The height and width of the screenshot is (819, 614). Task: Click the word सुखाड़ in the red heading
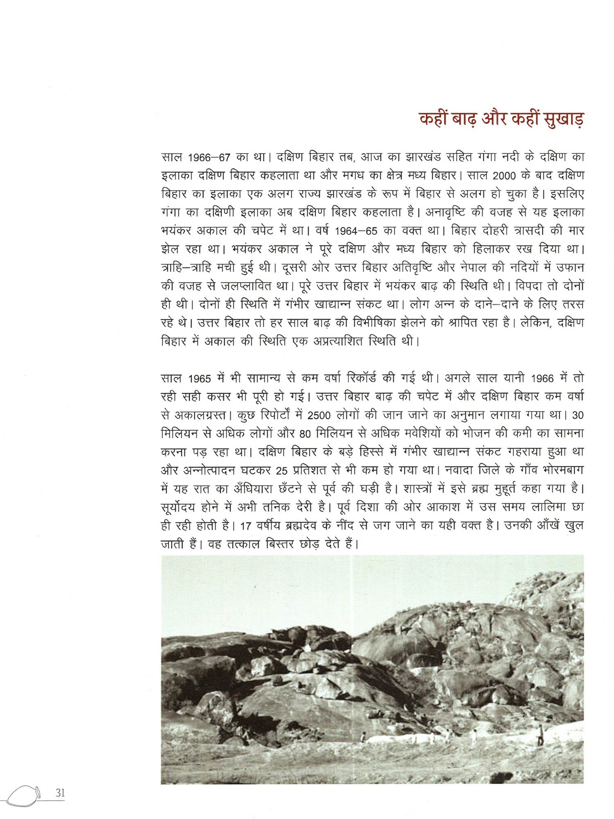(x=563, y=119)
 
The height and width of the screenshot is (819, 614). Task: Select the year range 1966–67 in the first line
(x=209, y=158)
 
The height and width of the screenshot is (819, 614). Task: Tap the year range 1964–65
(x=356, y=231)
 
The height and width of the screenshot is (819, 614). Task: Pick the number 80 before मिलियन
(x=305, y=434)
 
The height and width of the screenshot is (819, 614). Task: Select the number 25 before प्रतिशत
(x=282, y=471)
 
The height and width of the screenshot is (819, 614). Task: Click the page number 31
(x=60, y=793)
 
